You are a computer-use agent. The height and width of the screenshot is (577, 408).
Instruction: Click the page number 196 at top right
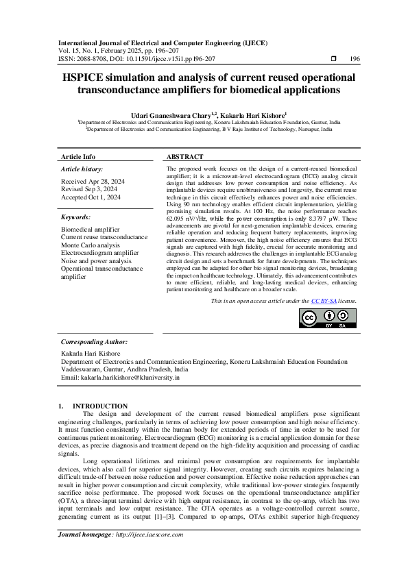tap(355, 60)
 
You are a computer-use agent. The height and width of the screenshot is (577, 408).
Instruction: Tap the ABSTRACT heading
tap(184, 157)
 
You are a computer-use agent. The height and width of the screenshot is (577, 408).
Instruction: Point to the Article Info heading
tap(78, 157)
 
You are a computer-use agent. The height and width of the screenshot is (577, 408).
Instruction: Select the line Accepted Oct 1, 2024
tap(91, 197)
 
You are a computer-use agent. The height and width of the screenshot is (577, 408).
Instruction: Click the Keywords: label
tap(76, 217)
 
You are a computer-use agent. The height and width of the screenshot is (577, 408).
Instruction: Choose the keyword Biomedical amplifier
tap(90, 229)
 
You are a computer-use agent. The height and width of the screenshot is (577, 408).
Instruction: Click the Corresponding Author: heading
tap(94, 341)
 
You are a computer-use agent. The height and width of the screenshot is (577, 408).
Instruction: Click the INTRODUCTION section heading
tap(100, 406)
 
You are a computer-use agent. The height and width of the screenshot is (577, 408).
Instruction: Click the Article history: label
tap(82, 168)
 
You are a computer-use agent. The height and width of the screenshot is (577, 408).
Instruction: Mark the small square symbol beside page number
tap(333, 60)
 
